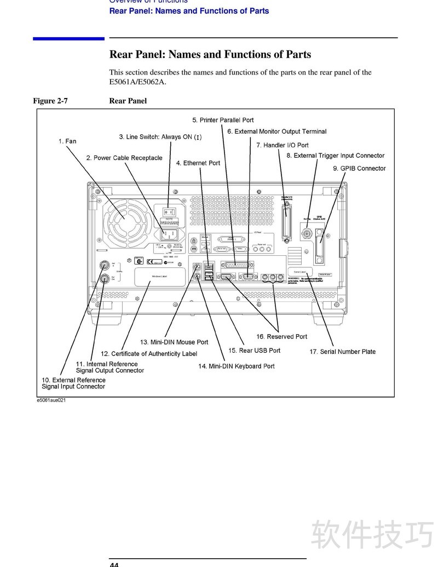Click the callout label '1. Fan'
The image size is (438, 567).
coord(67,141)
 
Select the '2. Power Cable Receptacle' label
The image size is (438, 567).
coord(124,158)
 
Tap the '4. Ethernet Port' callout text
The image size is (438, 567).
coord(198,163)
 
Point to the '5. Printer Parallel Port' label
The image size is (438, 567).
coord(223,120)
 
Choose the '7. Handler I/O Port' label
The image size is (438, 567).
coord(282,145)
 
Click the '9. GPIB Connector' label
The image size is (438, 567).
coord(359,169)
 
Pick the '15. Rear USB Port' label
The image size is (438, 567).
coord(254,351)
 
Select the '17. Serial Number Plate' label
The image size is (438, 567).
coord(342,352)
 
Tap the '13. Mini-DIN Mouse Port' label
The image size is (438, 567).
coord(174,342)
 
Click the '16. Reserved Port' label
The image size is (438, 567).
coord(281,337)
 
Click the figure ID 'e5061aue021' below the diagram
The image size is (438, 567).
coord(51,400)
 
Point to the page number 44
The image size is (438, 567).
coord(114,564)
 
